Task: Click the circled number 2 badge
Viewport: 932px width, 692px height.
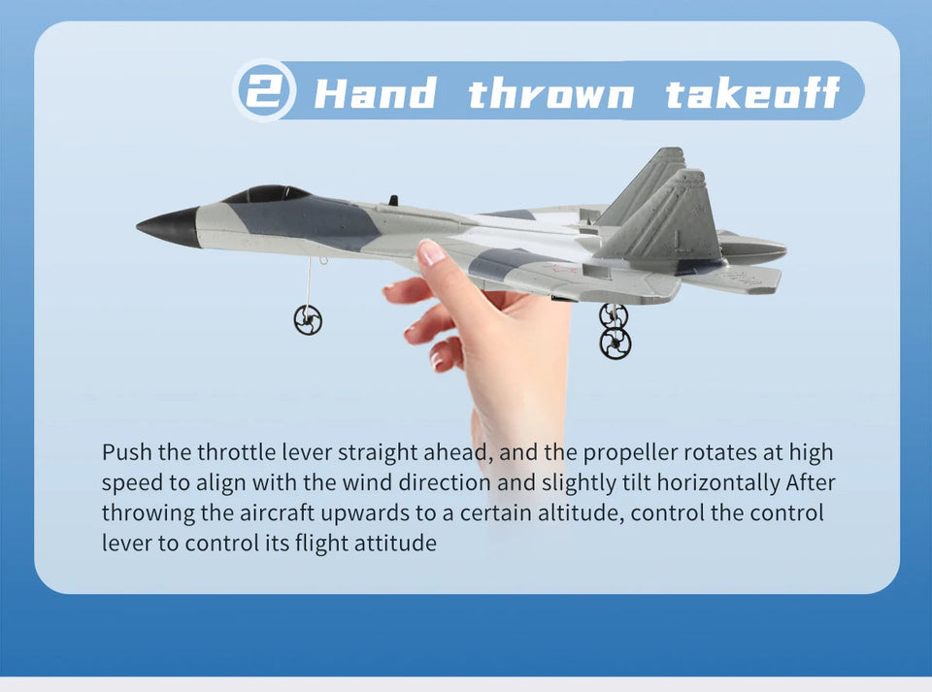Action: click(261, 92)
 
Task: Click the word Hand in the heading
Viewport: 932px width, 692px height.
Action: click(375, 94)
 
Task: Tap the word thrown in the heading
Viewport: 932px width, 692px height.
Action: click(550, 94)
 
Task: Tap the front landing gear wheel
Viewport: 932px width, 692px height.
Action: click(308, 319)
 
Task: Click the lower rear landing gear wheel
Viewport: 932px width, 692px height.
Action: click(615, 343)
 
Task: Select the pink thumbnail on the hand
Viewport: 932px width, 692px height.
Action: click(431, 252)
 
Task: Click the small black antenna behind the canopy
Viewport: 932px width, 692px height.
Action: click(392, 201)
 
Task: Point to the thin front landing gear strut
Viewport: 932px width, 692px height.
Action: click(309, 281)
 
